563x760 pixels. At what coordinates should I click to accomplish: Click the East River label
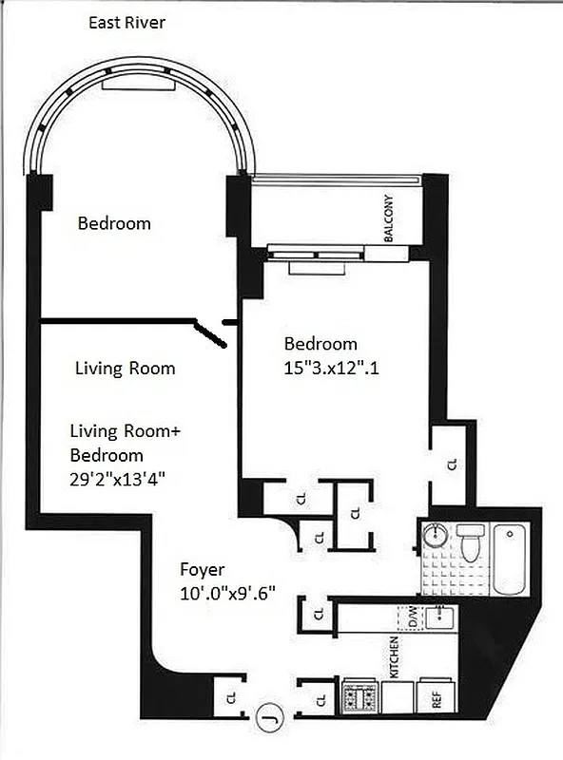tap(126, 22)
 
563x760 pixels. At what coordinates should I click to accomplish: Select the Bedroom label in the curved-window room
tap(114, 223)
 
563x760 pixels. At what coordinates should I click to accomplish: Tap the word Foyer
tap(203, 570)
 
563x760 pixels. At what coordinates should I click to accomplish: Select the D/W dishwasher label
tap(398, 617)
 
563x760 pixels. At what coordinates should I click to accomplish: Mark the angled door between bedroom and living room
tap(209, 330)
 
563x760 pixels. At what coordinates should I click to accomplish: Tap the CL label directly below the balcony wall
tap(452, 464)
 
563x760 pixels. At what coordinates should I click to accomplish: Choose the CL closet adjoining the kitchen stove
tap(320, 701)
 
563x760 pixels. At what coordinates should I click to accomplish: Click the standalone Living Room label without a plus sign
tap(125, 369)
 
